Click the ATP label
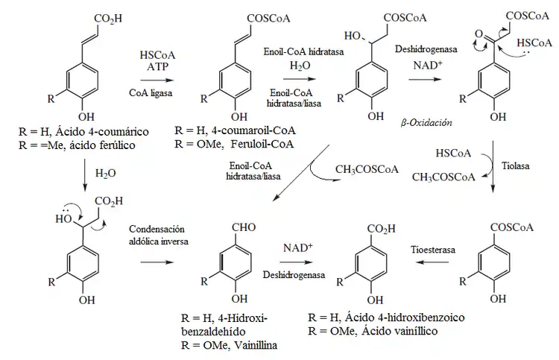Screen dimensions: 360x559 [x=157, y=68]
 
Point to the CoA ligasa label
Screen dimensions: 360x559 [x=157, y=92]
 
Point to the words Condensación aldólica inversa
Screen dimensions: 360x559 [x=156, y=236]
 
